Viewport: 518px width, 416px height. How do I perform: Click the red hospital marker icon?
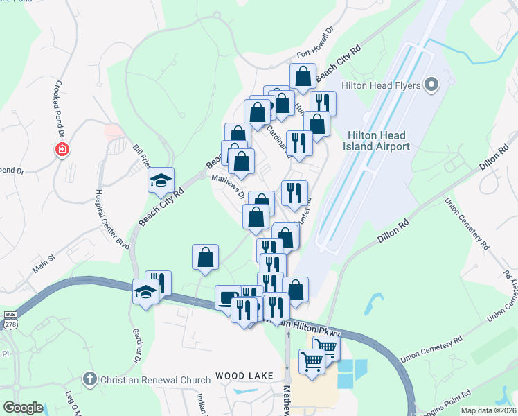[62, 150]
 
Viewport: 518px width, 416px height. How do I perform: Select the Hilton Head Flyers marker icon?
[431, 85]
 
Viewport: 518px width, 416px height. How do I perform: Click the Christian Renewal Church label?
[156, 380]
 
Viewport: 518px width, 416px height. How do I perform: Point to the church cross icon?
[89, 379]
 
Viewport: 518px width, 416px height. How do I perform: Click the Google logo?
[22, 408]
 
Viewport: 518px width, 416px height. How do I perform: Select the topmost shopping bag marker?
[303, 76]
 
